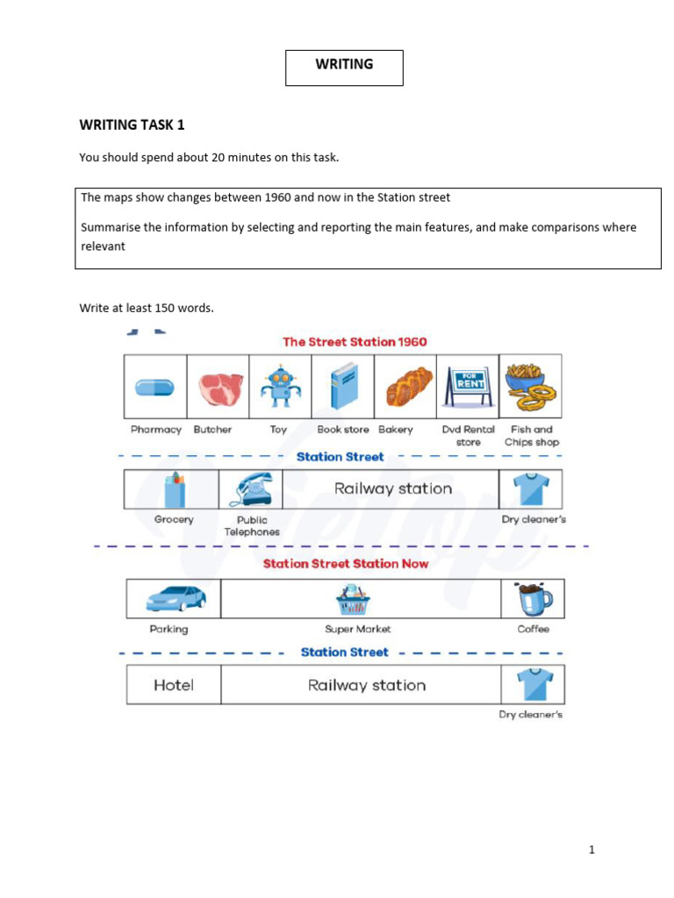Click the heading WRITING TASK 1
coord(133,125)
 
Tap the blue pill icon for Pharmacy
coord(154,387)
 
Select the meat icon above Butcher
coord(218,387)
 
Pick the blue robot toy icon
coord(280,386)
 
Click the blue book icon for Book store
coord(343,386)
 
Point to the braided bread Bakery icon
coord(405,386)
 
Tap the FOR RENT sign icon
coord(468,386)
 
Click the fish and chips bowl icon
coord(529,386)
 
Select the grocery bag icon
coord(174,489)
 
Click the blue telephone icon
coord(251,489)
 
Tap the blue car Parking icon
coord(176,598)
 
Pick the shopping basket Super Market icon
coord(356,600)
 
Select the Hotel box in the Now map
coord(174,685)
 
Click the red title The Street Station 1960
coord(355,341)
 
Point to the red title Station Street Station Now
coord(345,563)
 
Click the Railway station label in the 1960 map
coord(392,488)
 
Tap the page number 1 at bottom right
coord(592,849)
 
